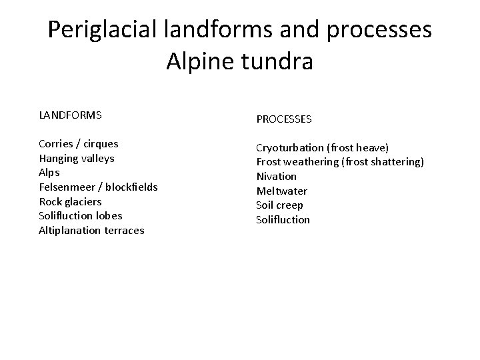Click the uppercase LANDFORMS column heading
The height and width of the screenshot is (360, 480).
tap(70, 115)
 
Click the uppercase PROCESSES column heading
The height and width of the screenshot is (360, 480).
tap(284, 119)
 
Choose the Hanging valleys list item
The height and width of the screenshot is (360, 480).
tap(77, 159)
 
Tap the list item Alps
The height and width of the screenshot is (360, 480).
tap(49, 173)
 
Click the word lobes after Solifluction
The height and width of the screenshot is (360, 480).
tap(109, 216)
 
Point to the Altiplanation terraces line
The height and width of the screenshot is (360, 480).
tap(91, 231)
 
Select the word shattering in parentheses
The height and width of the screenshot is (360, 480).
tap(395, 162)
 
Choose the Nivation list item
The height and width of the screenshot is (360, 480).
tap(277, 177)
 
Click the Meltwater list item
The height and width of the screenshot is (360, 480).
tap(282, 191)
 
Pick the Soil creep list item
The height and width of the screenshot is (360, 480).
tap(280, 205)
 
